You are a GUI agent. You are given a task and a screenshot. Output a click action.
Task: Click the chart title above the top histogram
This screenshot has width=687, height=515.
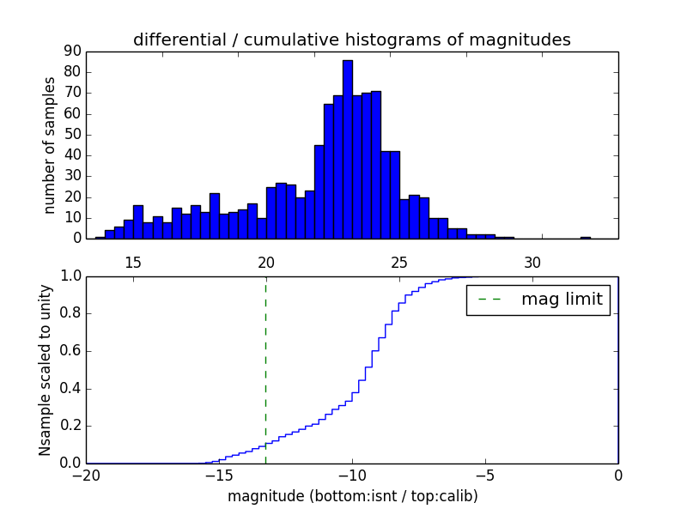(351, 39)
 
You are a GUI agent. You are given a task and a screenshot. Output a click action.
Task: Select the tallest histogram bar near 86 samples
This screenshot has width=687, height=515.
(347, 149)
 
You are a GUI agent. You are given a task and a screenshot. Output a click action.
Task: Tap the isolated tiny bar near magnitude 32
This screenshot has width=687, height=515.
(585, 238)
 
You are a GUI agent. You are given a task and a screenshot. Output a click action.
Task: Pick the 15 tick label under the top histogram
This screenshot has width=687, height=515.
(133, 262)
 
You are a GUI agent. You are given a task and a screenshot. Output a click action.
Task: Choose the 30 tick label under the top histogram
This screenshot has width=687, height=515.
(532, 262)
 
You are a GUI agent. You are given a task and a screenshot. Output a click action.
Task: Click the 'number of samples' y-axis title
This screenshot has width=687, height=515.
(50, 145)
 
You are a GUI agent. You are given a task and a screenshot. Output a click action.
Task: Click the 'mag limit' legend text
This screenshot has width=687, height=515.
(562, 300)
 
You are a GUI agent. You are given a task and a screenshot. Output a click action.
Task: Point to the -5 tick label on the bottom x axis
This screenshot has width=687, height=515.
(484, 476)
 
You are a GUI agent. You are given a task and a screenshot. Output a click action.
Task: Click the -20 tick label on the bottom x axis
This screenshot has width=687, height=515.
(86, 476)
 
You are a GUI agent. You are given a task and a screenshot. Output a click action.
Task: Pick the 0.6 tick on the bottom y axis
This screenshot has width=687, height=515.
(70, 351)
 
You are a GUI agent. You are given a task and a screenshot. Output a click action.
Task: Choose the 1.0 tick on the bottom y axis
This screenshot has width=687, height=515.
(70, 276)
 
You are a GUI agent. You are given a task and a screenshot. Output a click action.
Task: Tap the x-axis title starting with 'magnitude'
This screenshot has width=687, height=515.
(352, 496)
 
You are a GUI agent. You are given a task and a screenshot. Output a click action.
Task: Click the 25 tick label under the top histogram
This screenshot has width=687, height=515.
(399, 262)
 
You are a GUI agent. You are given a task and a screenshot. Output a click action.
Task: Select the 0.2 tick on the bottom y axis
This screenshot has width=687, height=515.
(70, 426)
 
